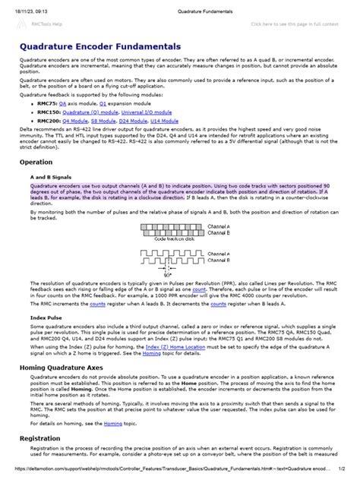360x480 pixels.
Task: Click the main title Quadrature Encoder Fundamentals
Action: click(110, 46)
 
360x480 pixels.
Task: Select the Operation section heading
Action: click(36, 163)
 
